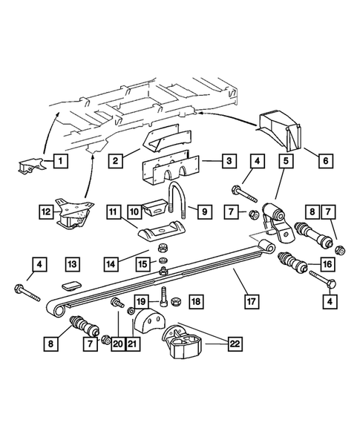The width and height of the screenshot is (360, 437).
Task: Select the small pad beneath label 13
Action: click(x=71, y=285)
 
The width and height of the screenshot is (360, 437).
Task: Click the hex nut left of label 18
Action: click(x=177, y=301)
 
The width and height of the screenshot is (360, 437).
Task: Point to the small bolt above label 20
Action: click(x=116, y=303)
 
